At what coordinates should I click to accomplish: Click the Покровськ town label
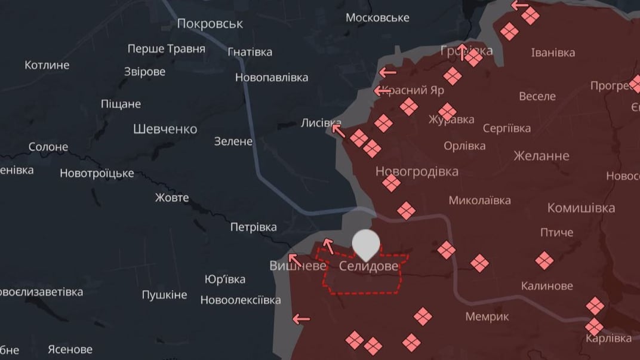pyautogui.click(x=210, y=23)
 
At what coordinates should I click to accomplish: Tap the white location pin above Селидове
pyautogui.click(x=366, y=244)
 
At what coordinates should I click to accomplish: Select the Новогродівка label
pyautogui.click(x=417, y=171)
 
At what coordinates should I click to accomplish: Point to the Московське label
pyautogui.click(x=377, y=17)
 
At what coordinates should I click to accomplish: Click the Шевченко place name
pyautogui.click(x=165, y=129)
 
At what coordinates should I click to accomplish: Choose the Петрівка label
pyautogui.click(x=254, y=227)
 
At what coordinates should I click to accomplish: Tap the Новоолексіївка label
pyautogui.click(x=241, y=300)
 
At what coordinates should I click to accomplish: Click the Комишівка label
pyautogui.click(x=581, y=208)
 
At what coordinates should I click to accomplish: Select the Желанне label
pyautogui.click(x=541, y=156)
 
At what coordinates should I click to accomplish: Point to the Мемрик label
pyautogui.click(x=487, y=316)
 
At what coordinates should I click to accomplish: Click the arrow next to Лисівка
pyautogui.click(x=339, y=130)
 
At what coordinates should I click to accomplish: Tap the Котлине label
pyautogui.click(x=47, y=65)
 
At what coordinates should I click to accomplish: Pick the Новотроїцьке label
pyautogui.click(x=97, y=174)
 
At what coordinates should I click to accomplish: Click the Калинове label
pyautogui.click(x=547, y=286)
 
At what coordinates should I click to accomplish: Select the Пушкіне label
pyautogui.click(x=164, y=295)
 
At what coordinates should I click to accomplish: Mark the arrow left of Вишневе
pyautogui.click(x=294, y=260)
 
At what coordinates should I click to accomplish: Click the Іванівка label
pyautogui.click(x=553, y=53)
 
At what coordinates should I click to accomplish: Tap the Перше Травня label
pyautogui.click(x=167, y=49)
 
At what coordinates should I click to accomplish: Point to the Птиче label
pyautogui.click(x=556, y=232)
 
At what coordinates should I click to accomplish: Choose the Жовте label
pyautogui.click(x=172, y=198)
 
